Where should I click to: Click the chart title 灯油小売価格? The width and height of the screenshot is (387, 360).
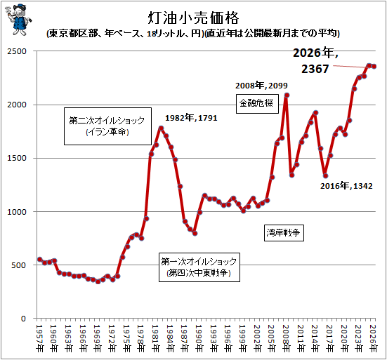coord(194,18)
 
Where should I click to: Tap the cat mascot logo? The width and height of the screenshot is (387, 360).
coord(18,20)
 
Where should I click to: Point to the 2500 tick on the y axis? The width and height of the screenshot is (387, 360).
coord(17,51)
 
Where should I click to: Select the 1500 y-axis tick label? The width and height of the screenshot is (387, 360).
coord(17,158)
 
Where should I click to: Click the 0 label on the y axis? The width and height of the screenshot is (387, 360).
coord(23,319)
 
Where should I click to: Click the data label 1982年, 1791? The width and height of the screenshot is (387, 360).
coord(191,118)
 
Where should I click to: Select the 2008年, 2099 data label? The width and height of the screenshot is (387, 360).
coord(261,86)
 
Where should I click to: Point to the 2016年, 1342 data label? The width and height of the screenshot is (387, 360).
coord(346,186)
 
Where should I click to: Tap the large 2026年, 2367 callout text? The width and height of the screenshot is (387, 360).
coord(315,60)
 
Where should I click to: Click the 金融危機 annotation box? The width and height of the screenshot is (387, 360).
coord(257,104)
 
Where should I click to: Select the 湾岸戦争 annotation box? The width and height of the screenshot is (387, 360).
coord(284,232)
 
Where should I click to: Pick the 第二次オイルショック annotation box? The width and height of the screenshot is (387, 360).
coord(107,126)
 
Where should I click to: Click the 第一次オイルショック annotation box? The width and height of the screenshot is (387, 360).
coord(199,267)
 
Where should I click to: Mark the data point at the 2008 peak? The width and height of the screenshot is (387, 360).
coord(287,95)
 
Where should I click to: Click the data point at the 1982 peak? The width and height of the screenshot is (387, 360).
coord(161,128)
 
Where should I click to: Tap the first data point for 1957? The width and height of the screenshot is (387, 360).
coord(40,259)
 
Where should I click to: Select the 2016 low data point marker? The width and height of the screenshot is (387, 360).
coord(325,176)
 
